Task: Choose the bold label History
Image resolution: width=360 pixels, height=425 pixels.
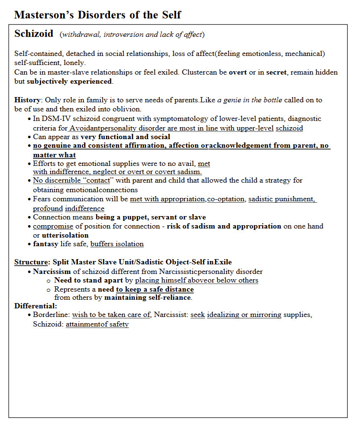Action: coord(28,100)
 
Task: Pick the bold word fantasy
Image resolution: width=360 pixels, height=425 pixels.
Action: coord(45,244)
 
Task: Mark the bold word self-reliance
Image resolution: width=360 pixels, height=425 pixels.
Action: coord(167,297)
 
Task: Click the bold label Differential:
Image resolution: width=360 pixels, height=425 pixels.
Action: coord(36,306)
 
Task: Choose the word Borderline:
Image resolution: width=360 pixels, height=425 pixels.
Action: coord(52,315)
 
